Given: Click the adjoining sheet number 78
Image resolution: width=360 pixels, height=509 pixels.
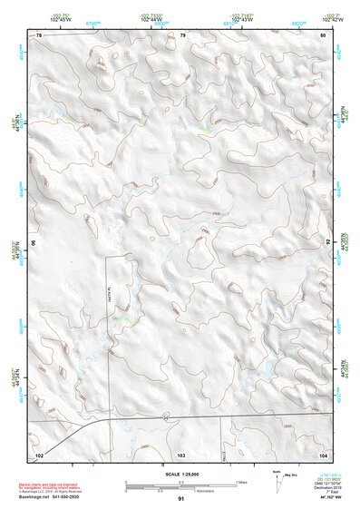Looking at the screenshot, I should coord(39,34).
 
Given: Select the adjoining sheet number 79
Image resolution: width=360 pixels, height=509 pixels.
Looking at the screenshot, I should coord(182,34).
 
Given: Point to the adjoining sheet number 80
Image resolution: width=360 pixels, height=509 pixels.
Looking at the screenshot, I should coord(323,34).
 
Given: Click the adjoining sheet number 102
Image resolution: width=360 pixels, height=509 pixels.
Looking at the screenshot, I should coord(39,452).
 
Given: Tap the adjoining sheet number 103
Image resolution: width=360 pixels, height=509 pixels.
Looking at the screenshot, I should coord(181,452).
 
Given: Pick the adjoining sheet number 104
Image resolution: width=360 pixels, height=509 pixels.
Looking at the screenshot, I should coord(323,452).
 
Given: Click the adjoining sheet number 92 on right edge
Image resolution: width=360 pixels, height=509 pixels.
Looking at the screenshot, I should coord(328,242).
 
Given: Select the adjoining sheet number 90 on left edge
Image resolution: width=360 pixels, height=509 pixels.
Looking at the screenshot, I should coord(34,243).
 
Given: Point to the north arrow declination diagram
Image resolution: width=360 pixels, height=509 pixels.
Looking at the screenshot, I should coord(277,478).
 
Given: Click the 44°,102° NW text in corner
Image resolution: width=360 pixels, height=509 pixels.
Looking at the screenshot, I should coord(322,498).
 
